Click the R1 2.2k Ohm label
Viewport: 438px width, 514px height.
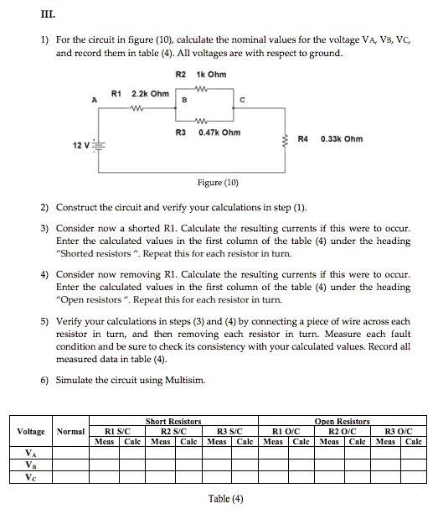[x=138, y=92]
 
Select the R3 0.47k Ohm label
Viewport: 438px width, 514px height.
[x=208, y=132]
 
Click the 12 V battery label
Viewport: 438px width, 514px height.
[x=65, y=145]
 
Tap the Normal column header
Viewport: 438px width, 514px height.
[x=71, y=431]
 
